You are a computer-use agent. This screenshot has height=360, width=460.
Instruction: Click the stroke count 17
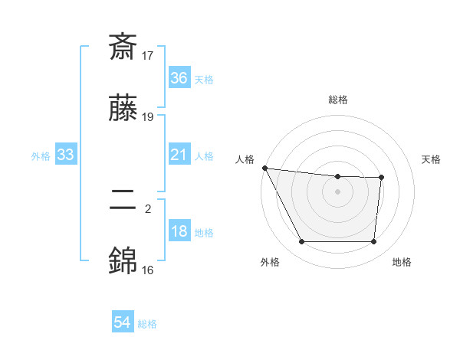click(x=148, y=55)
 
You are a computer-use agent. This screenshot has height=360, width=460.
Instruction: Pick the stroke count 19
click(x=148, y=117)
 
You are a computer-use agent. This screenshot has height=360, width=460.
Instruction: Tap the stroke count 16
click(x=148, y=270)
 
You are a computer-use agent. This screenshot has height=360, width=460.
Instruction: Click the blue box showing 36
click(x=179, y=78)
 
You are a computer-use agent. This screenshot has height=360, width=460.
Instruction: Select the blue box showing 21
click(x=179, y=155)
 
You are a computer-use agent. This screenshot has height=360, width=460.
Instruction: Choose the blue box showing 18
click(x=179, y=232)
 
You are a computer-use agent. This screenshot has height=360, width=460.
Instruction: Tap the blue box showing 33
click(x=66, y=155)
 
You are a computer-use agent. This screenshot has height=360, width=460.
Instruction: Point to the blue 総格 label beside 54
click(x=147, y=324)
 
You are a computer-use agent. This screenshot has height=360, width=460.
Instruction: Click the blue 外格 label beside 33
click(x=41, y=156)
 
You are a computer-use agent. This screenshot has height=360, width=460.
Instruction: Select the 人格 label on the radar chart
click(x=246, y=159)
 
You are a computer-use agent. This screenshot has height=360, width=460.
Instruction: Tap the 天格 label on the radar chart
click(x=431, y=159)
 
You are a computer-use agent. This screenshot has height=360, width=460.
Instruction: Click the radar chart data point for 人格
click(x=264, y=168)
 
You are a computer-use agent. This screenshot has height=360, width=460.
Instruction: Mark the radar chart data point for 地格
click(x=374, y=242)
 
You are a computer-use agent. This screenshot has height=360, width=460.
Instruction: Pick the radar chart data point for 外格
click(x=301, y=242)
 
